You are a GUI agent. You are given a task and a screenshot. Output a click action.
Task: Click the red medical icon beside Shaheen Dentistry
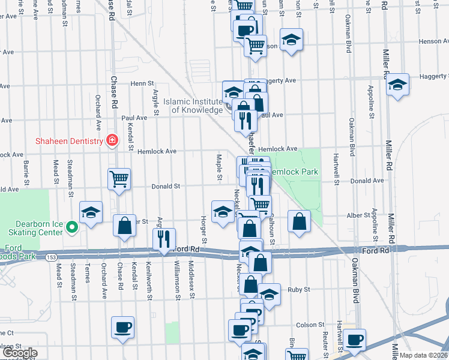112,141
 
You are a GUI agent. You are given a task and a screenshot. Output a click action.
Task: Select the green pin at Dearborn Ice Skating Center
71,227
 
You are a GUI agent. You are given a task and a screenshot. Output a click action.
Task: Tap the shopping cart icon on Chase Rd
119,178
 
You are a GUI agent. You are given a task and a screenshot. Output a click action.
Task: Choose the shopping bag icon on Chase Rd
125,226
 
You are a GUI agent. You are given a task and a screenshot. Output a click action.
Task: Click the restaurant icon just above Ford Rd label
164,238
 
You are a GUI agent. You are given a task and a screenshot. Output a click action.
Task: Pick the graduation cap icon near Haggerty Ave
397,84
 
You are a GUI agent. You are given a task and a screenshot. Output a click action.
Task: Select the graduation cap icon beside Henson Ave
292,40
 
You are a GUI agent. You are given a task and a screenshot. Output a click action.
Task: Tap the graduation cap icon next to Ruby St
270,294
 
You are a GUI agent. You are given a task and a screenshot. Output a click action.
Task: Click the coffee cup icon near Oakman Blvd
354,339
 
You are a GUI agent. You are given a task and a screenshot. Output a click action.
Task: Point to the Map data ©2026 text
424,355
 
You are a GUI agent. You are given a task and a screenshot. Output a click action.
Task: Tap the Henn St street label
143,83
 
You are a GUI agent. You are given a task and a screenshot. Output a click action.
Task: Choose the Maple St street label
220,167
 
